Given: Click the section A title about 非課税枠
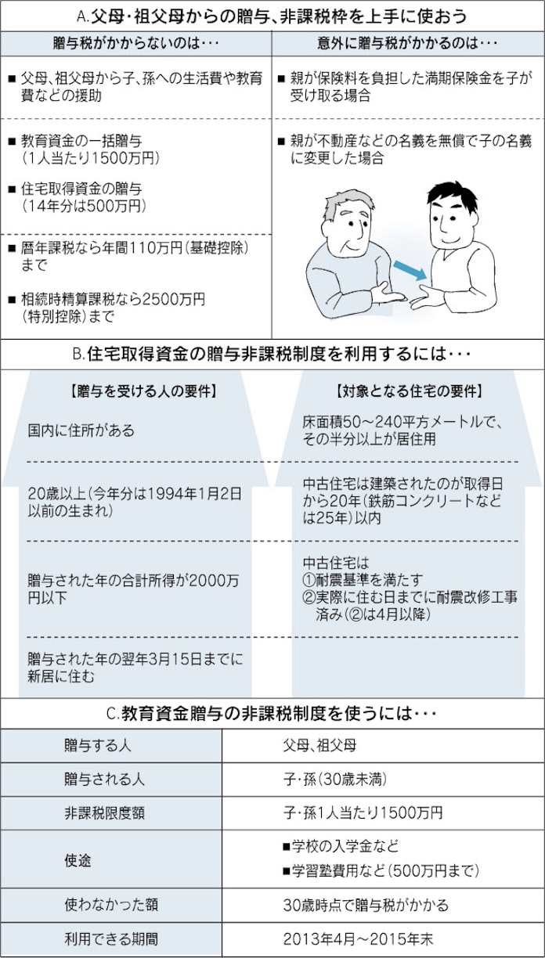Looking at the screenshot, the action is (272, 16).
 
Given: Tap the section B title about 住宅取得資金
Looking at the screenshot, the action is (272, 354).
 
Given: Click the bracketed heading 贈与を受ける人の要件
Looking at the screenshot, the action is (143, 391).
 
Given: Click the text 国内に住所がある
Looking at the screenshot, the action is (81, 430).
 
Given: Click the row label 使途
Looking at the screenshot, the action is (78, 859).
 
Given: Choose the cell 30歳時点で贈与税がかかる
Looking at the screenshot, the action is (366, 905).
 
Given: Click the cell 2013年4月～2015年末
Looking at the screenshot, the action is (359, 938).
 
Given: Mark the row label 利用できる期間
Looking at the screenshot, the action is (110, 938).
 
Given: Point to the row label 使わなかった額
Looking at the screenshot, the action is (110, 905).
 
